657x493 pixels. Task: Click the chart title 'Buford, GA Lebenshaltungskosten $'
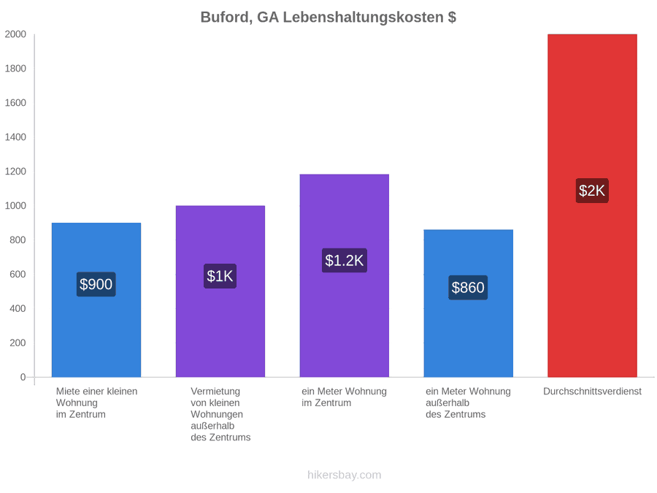click(328, 18)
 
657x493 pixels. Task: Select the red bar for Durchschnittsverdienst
click(592, 205)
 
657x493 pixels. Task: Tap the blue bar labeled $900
click(96, 299)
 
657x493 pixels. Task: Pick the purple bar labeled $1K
click(220, 291)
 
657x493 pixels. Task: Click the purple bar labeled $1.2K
click(345, 275)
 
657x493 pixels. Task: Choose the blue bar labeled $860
click(469, 303)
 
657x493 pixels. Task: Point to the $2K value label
click(592, 191)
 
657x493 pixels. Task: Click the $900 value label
click(96, 284)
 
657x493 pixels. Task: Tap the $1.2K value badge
click(345, 260)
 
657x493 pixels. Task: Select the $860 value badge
click(468, 288)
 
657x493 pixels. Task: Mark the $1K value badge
click(220, 276)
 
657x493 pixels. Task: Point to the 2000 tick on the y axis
click(15, 34)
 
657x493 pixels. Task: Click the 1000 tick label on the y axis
click(15, 205)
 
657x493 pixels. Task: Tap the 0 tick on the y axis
click(23, 377)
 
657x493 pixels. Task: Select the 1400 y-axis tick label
click(15, 137)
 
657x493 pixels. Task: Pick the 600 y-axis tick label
click(18, 274)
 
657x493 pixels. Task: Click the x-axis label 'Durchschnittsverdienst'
click(592, 391)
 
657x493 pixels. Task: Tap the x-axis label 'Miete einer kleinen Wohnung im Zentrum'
click(97, 403)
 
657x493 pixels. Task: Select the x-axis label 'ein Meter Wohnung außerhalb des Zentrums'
click(468, 403)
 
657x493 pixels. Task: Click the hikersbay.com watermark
click(345, 475)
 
